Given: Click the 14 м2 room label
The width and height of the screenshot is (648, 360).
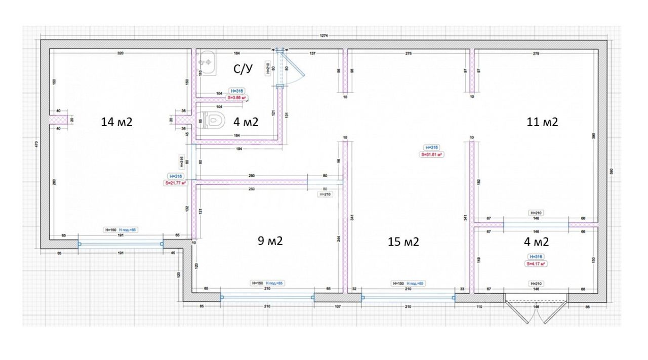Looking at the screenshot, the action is pyautogui.click(x=117, y=122).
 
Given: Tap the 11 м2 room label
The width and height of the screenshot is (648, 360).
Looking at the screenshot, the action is pyautogui.click(x=542, y=122).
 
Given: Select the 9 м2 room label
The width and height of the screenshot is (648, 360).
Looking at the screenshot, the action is pyautogui.click(x=270, y=241).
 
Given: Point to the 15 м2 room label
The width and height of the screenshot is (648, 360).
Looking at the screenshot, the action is pyautogui.click(x=403, y=242).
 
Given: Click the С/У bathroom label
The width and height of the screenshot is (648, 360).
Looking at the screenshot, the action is pyautogui.click(x=242, y=69).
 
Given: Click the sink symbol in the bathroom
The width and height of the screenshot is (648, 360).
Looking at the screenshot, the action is pyautogui.click(x=207, y=61).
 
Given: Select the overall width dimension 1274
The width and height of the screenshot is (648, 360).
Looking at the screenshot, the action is pyautogui.click(x=324, y=35).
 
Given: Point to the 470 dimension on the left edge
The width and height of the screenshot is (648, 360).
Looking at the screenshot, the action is pyautogui.click(x=36, y=144).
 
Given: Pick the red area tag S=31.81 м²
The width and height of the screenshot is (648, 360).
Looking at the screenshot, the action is pyautogui.click(x=432, y=155).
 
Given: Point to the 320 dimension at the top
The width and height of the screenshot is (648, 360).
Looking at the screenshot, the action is pyautogui.click(x=120, y=53).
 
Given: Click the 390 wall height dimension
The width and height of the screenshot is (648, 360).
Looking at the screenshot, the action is pyautogui.click(x=594, y=136).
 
